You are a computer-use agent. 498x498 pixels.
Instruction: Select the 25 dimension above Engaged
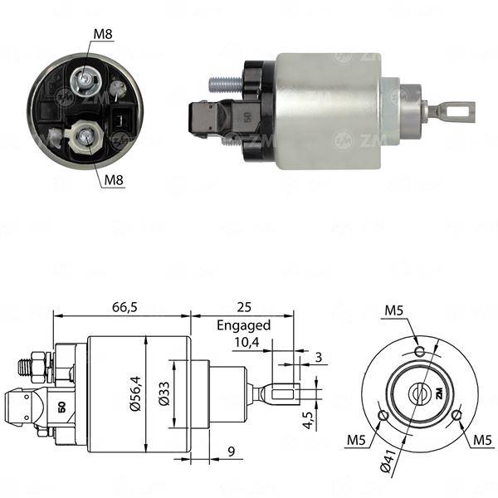[x=242, y=306]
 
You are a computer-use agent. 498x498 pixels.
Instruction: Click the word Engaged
[x=242, y=325]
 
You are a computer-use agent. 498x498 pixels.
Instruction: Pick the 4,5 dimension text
[x=308, y=413]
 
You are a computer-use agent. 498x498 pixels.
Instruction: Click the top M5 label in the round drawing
[x=395, y=311]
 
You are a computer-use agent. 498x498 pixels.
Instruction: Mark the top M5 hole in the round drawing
[x=421, y=350]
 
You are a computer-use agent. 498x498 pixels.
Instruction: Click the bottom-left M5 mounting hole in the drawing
[x=383, y=415]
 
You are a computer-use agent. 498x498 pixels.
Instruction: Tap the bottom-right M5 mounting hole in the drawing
[x=456, y=414]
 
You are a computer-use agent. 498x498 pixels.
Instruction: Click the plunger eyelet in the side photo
[x=456, y=109]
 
